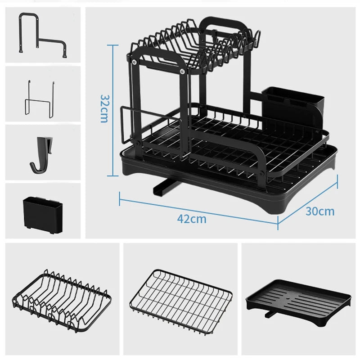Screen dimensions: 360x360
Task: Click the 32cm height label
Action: click(x=104, y=109)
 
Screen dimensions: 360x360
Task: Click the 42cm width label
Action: click(x=192, y=219)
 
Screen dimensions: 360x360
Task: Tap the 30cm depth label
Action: click(x=320, y=211)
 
